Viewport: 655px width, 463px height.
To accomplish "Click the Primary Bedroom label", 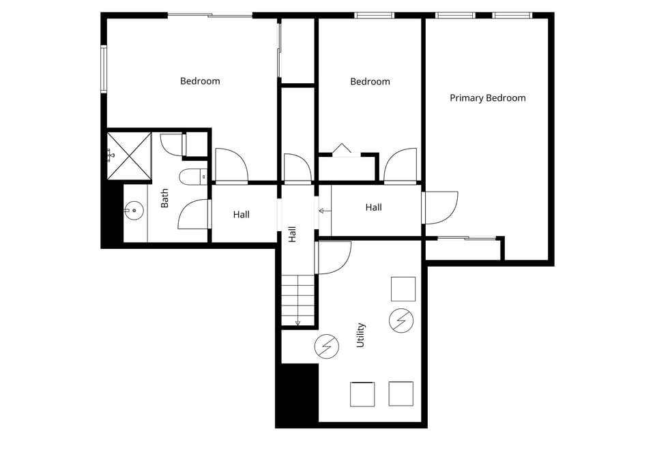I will [487, 98].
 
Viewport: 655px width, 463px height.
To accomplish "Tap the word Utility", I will [361, 335].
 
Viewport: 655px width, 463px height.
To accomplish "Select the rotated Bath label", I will [165, 198].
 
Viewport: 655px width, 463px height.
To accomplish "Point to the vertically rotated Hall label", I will [293, 234].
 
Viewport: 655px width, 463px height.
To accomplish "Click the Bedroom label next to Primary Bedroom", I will [370, 82].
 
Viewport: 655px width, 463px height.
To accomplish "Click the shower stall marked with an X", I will [129, 155].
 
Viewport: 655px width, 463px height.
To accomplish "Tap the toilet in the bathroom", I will [192, 177].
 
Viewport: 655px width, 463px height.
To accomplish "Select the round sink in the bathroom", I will [134, 211].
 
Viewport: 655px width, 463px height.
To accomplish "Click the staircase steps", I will [298, 300].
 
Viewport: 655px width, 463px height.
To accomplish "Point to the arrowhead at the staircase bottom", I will [297, 323].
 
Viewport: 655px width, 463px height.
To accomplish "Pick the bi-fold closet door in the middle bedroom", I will [342, 149].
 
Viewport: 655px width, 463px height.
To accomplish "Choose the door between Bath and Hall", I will [192, 213].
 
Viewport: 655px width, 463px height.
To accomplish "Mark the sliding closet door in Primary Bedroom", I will [467, 238].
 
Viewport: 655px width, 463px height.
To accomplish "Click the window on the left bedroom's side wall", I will [104, 68].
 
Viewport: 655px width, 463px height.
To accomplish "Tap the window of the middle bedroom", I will [374, 15].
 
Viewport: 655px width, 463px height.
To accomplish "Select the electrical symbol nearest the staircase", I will [327, 346].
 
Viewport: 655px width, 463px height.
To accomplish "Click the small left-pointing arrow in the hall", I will [322, 211].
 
